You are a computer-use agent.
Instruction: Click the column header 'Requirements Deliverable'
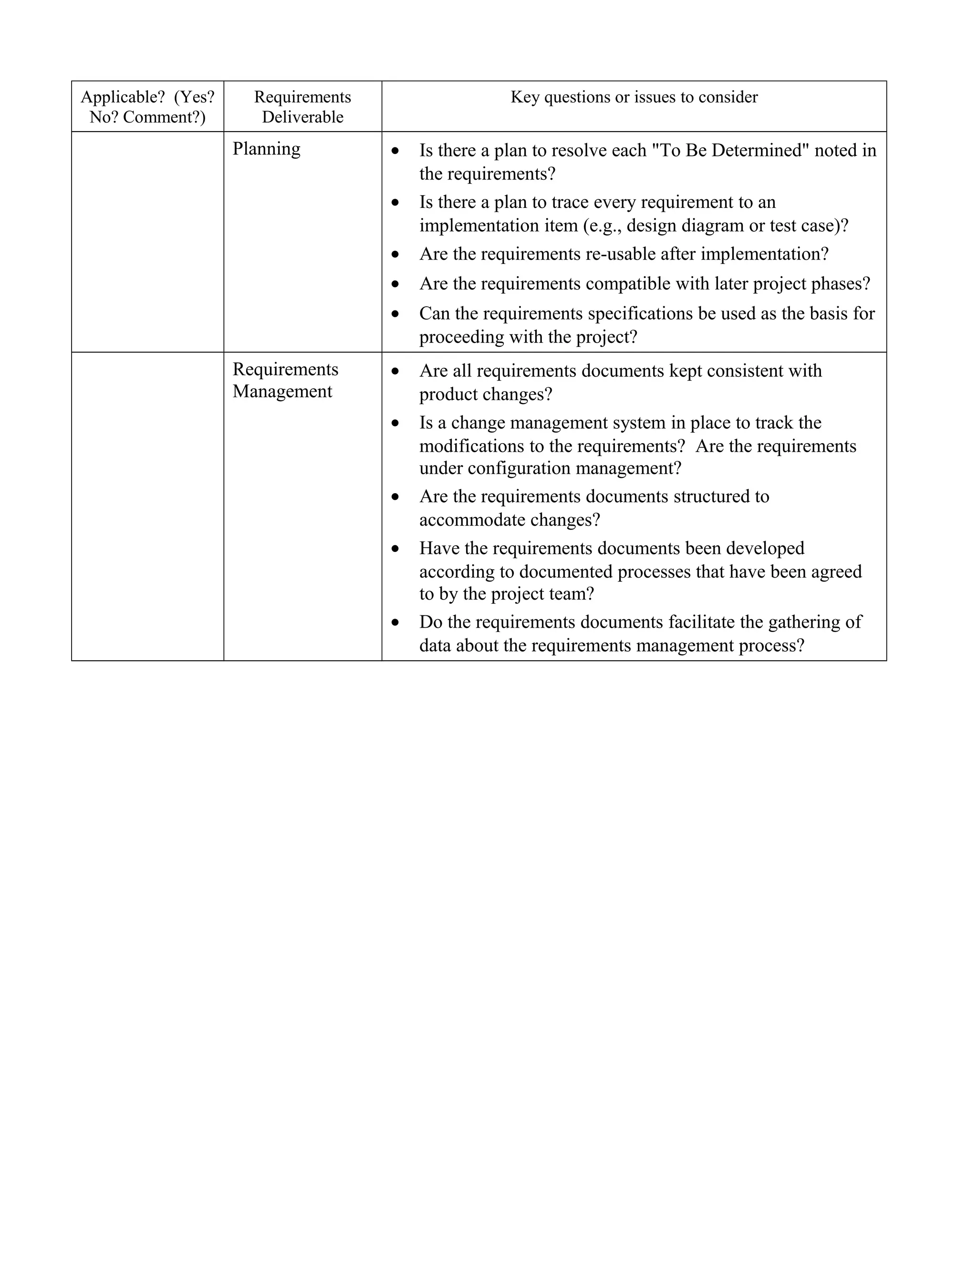[x=302, y=107]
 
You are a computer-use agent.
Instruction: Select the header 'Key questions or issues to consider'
[x=634, y=97]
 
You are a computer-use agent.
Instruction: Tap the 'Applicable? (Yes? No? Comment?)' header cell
[x=147, y=107]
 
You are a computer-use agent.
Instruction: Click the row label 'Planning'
[x=266, y=149]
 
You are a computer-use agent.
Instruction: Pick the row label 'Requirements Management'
[x=285, y=380]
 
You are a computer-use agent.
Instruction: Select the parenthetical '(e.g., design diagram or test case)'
[x=716, y=225]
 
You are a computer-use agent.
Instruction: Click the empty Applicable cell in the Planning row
[x=147, y=242]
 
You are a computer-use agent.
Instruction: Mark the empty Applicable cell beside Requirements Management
[x=147, y=507]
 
